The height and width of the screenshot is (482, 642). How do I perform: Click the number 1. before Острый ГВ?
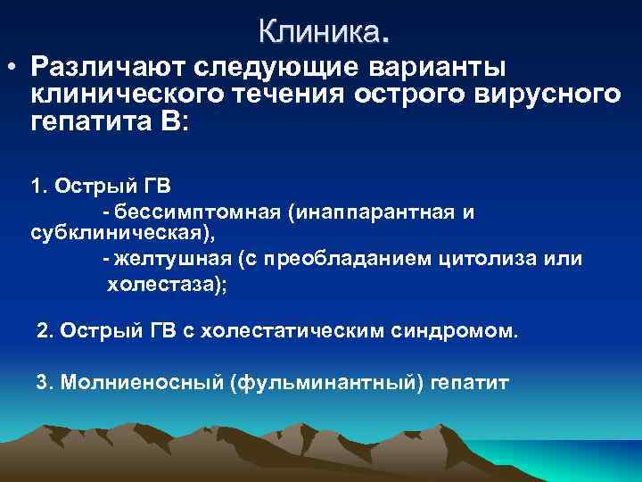(40, 187)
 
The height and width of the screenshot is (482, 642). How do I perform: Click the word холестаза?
(161, 285)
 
